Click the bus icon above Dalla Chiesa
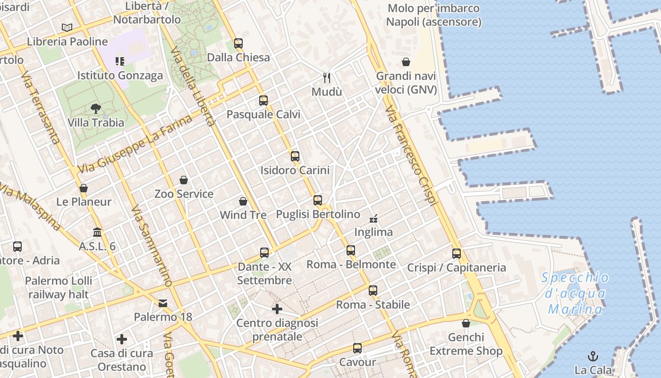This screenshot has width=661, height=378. tap(238, 43)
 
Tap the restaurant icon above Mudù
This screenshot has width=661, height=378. tap(326, 77)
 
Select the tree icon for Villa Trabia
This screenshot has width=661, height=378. tap(96, 109)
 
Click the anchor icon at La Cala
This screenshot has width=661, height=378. tap(593, 356)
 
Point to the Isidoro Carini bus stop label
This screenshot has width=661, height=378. tap(295, 170)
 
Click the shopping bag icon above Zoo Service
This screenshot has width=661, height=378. tap(184, 180)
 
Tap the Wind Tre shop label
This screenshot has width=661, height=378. tap(243, 215)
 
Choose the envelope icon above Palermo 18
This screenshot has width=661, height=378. tap(163, 303)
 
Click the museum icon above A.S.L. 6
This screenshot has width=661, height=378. tap(97, 232)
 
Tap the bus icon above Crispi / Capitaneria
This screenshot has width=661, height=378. tap(456, 253)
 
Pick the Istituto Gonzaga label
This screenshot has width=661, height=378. tap(120, 75)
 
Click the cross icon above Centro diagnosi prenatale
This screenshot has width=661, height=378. tap(277, 309)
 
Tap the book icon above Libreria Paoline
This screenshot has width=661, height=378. tap(67, 27)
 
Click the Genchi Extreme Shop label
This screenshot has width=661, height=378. tap(466, 344)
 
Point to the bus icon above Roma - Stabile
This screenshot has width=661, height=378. tap(373, 291)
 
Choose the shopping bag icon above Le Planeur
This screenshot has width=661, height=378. tap(84, 188)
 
